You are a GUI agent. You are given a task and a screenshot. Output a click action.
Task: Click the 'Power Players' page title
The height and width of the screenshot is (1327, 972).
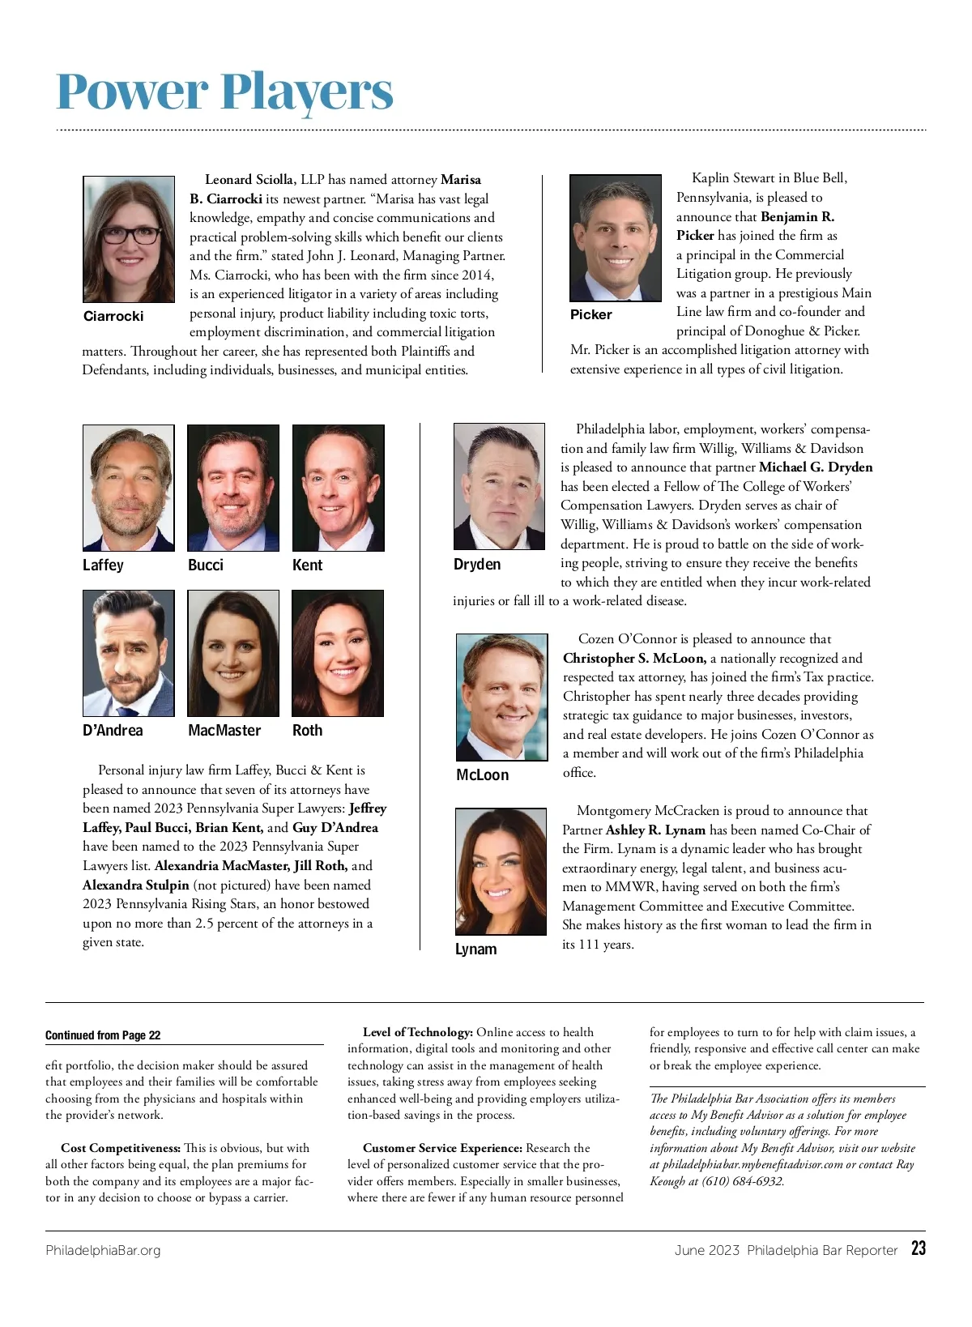click(x=224, y=92)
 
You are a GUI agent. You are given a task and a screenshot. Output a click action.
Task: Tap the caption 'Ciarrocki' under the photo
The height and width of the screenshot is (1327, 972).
click(x=113, y=316)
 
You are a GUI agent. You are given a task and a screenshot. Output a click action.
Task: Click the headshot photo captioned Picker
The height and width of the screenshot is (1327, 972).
click(x=616, y=237)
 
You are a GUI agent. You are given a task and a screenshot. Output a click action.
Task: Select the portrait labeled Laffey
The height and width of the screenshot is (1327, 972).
click(x=128, y=488)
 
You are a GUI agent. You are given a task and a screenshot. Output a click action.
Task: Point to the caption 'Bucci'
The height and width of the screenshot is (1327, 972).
click(x=206, y=565)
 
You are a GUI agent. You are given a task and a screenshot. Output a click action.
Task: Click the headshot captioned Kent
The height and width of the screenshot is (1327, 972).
click(x=338, y=488)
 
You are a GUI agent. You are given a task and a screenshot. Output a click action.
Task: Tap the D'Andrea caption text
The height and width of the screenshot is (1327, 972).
click(x=113, y=730)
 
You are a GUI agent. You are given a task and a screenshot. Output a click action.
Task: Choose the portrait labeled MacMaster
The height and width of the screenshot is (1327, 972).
click(x=233, y=653)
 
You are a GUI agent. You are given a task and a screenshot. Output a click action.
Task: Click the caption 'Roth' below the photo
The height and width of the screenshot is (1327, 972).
click(x=307, y=730)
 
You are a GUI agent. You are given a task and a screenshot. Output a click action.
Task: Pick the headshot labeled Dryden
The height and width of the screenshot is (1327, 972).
click(x=499, y=486)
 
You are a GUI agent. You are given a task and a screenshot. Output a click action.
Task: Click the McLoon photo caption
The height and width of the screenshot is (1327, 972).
click(x=483, y=774)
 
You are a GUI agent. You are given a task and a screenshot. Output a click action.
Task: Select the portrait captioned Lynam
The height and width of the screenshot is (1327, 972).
click(x=501, y=871)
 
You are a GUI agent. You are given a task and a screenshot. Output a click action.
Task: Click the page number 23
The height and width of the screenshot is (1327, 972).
click(x=918, y=1248)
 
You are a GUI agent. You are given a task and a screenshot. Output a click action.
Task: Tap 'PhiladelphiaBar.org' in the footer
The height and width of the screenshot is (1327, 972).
click(x=103, y=1250)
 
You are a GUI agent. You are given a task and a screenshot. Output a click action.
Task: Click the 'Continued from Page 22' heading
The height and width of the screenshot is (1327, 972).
click(x=103, y=1035)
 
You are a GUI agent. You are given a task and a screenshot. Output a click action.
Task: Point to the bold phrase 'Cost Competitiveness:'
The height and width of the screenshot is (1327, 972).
click(x=121, y=1148)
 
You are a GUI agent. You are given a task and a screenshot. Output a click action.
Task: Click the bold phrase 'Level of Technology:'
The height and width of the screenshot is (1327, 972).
click(x=417, y=1032)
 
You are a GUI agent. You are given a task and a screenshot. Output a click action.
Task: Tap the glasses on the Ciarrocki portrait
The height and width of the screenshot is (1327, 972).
click(x=130, y=235)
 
